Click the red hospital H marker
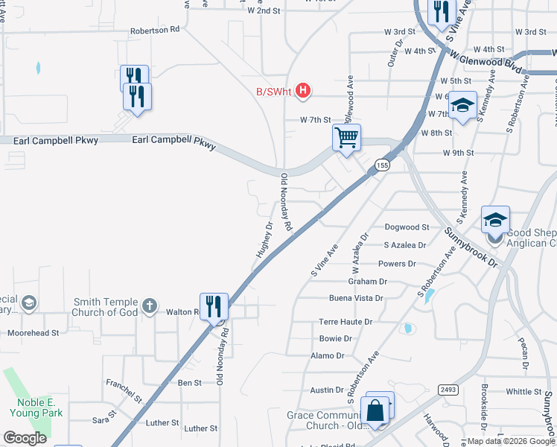pyautogui.click(x=302, y=91)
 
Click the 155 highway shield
pyautogui.click(x=382, y=166)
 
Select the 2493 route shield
pyautogui.click(x=448, y=388)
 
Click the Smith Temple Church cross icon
pyautogui.click(x=150, y=305)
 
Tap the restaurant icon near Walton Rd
pyautogui.click(x=214, y=306)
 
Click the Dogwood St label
pyautogui.click(x=407, y=227)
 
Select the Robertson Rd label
pyautogui.click(x=155, y=31)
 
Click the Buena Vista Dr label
pyautogui.click(x=356, y=298)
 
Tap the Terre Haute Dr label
pyautogui.click(x=346, y=322)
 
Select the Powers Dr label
pyautogui.click(x=397, y=264)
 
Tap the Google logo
pyautogui.click(x=25, y=438)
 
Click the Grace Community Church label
pyautogui.click(x=327, y=420)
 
